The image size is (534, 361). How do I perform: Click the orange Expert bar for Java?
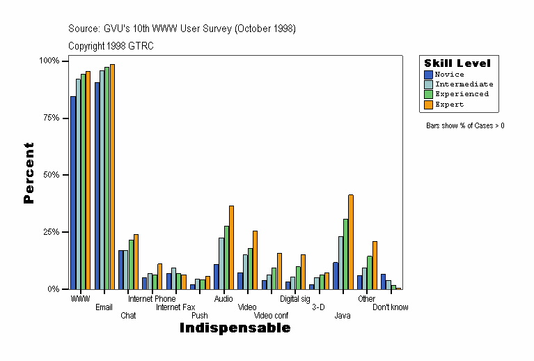351,242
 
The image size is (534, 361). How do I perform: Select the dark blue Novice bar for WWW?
73,192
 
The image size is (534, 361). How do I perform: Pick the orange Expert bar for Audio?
231,247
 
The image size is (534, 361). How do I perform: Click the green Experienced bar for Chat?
131,264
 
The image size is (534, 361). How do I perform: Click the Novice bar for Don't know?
383,282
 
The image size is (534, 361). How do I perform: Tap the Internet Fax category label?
175,307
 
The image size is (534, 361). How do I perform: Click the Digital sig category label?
295,299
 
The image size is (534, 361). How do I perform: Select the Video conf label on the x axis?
271,316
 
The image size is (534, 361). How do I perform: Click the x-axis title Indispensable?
235,328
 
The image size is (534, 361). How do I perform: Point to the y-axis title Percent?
29,173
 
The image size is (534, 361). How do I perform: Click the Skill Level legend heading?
457,63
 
